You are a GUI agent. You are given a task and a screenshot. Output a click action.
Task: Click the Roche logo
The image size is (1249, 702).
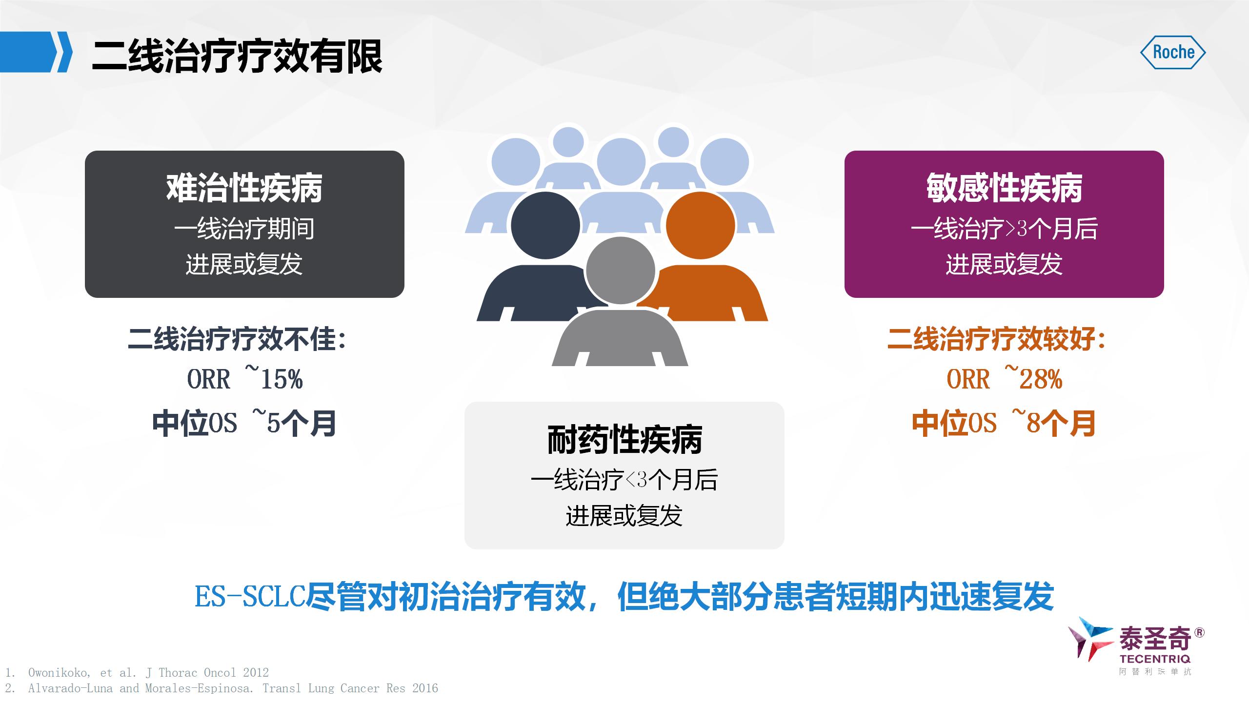tap(1173, 52)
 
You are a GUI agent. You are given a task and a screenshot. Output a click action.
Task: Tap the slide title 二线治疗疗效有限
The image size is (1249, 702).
tap(237, 57)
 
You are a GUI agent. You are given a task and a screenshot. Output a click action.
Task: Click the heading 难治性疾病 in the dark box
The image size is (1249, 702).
tap(244, 188)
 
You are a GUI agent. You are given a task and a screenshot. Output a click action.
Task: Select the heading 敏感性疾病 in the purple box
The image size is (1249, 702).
tap(1004, 188)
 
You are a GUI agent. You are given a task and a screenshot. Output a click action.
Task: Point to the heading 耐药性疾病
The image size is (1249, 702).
tap(624, 440)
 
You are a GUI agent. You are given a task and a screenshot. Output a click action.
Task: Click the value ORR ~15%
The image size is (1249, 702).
tap(245, 378)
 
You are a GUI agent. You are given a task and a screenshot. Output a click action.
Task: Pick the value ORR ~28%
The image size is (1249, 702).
tap(1005, 378)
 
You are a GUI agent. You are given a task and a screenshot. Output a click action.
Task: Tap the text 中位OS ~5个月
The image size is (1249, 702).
tap(244, 423)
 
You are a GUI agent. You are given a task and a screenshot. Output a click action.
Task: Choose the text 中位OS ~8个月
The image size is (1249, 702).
tap(1004, 423)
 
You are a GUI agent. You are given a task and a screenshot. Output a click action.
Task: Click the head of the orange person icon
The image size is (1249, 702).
tap(700, 225)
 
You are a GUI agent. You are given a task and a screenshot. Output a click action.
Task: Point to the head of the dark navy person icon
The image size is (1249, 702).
tap(545, 225)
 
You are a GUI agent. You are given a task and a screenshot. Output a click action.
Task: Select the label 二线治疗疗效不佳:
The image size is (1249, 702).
tap(238, 339)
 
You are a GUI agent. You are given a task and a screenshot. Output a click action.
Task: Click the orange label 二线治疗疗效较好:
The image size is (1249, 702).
tap(997, 339)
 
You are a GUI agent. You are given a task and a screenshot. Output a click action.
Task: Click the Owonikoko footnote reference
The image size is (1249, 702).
tap(137, 673)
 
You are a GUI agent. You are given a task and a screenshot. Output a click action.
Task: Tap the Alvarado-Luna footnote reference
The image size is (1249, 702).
tap(222, 688)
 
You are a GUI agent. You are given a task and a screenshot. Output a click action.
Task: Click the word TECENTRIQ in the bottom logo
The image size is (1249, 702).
tap(1155, 659)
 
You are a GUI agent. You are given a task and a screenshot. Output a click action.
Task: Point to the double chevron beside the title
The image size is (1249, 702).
tap(62, 52)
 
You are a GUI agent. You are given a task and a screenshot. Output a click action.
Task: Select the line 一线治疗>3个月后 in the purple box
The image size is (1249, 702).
tap(1004, 229)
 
